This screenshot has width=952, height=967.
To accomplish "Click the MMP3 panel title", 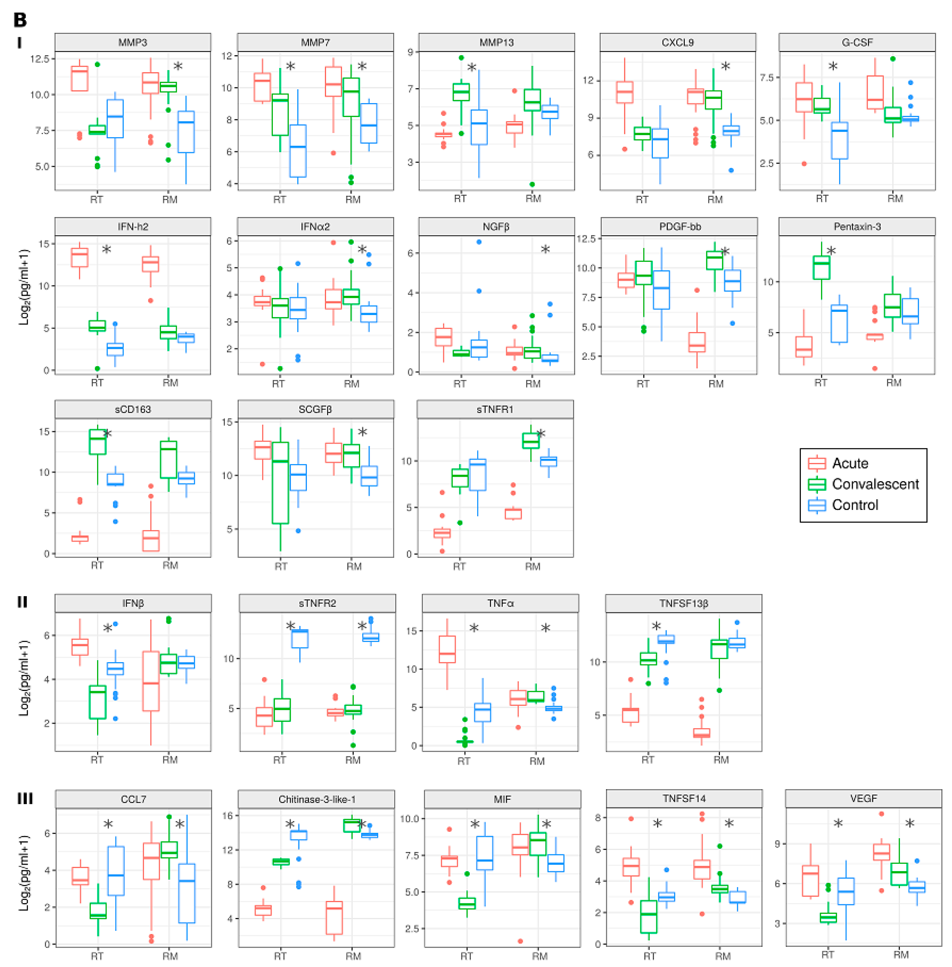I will coord(132,42).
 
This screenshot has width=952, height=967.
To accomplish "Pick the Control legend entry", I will coord(855,505).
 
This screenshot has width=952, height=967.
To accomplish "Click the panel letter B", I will coord(20,20).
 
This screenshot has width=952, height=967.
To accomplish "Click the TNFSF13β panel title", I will coord(684,603).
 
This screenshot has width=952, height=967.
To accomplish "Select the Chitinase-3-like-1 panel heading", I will coord(316,799).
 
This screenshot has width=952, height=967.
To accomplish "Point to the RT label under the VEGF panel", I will coord(827,955).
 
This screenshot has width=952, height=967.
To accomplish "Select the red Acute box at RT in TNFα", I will coord(447,649).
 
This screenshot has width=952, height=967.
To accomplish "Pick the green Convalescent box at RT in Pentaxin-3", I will coord(821,268).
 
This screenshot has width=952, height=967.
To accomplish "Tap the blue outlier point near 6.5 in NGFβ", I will coord(479,242).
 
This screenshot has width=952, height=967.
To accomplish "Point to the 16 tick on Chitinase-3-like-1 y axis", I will coord(227,816).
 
